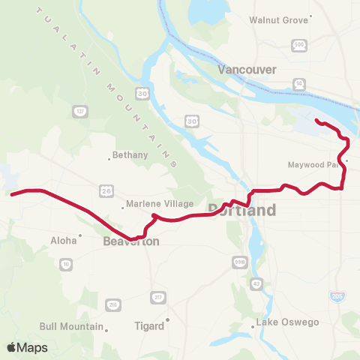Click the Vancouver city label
[x=247, y=69]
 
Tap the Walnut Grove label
[x=278, y=19]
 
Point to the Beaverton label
[x=127, y=242]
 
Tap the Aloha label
[x=64, y=241]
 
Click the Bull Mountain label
[x=71, y=327]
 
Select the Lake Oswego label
[x=289, y=322]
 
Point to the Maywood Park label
[x=311, y=164]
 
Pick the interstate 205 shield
[x=337, y=296]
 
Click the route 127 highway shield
[x=80, y=111]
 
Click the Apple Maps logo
[x=27, y=347]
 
